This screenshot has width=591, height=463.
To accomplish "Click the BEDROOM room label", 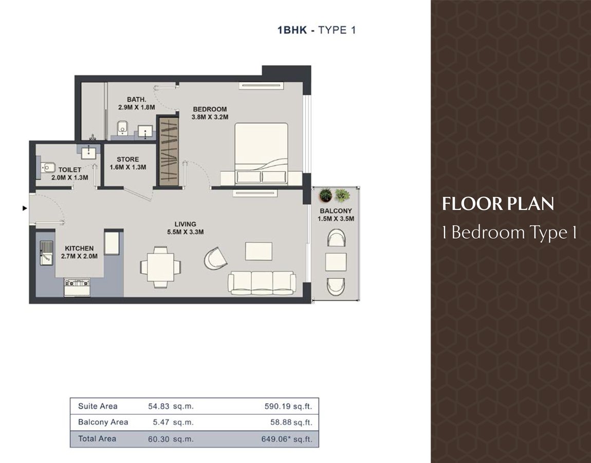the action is click(x=210, y=110).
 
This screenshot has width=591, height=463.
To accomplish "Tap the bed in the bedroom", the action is click(x=261, y=154).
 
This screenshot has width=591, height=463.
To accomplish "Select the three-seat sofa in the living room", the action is click(x=262, y=282).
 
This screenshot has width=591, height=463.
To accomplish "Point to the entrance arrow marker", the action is click(x=25, y=208).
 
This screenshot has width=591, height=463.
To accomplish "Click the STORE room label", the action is click(x=128, y=159).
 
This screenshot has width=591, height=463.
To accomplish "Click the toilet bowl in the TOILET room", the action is click(x=47, y=167).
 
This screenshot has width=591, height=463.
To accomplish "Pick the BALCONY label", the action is click(x=336, y=210).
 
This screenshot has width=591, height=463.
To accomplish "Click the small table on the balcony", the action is click(x=336, y=262).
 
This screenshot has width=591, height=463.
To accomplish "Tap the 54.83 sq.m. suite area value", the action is click(x=171, y=406).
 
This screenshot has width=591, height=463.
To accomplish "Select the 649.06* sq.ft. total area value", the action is click(x=287, y=439).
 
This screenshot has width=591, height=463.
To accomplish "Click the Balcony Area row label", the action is click(x=103, y=422).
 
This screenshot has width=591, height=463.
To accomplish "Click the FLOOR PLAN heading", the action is click(x=498, y=204).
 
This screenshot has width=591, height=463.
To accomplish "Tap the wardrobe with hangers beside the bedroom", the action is click(x=168, y=151).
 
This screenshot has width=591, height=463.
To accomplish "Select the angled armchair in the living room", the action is click(x=216, y=258).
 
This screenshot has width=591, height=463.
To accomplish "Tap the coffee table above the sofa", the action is click(x=258, y=251).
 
